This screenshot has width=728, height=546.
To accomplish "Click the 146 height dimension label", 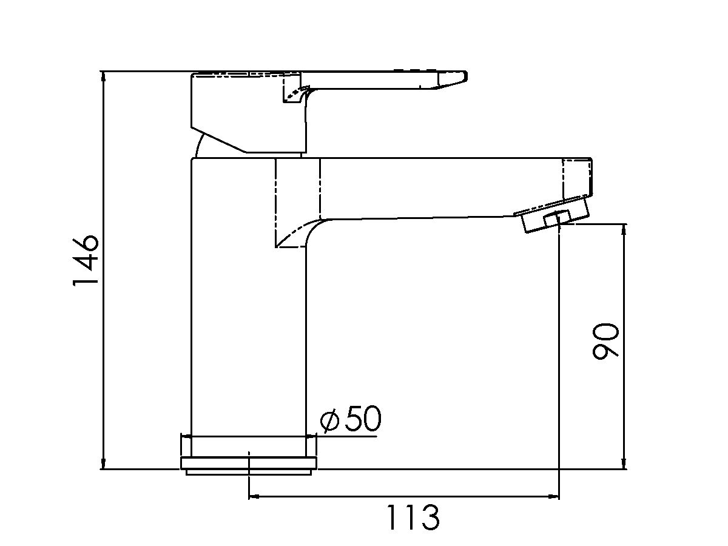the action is [x=86, y=260].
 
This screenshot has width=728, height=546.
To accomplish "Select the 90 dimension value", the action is [x=605, y=342].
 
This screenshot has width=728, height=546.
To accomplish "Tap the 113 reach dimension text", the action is [x=413, y=517].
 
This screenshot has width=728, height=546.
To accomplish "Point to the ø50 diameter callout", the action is [x=351, y=419].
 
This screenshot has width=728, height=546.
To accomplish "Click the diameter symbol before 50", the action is [x=330, y=420].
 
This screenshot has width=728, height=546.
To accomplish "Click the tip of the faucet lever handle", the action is [x=466, y=76].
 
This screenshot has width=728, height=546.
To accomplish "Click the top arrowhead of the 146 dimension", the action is [x=103, y=77].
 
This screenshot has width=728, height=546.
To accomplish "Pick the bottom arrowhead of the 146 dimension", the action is [x=103, y=463].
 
